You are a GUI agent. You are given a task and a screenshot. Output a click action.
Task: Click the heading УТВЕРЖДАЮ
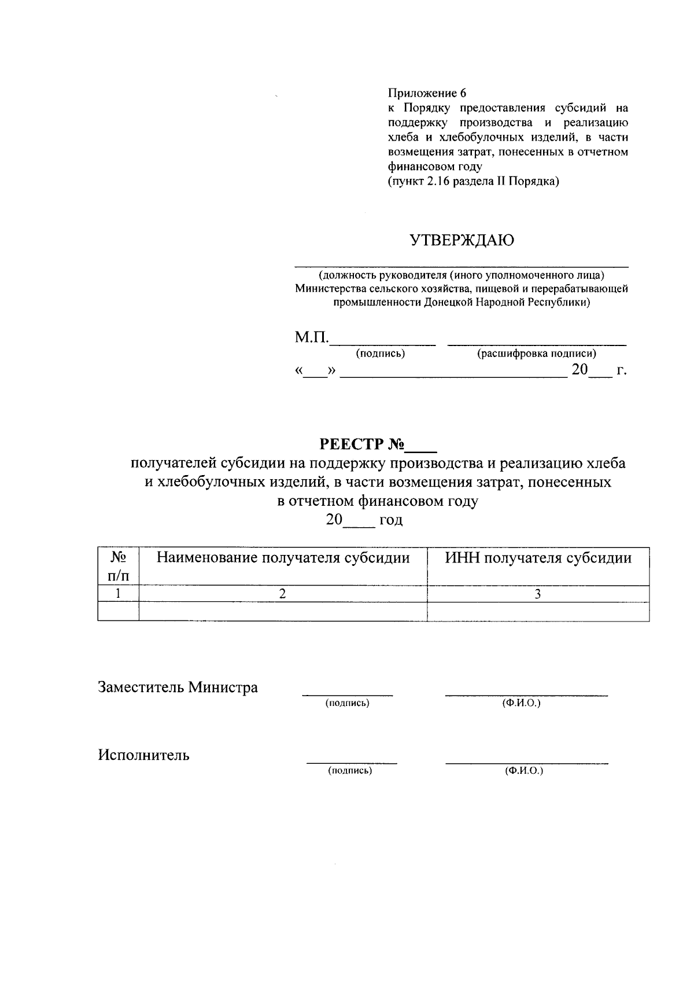462,241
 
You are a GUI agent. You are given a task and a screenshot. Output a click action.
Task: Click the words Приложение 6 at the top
427,93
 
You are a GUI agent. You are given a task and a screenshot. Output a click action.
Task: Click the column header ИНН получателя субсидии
538,558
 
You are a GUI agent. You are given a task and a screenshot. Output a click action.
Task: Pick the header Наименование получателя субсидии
283,558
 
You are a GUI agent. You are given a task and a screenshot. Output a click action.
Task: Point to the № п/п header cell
119,566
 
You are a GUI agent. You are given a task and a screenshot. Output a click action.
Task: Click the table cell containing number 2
283,594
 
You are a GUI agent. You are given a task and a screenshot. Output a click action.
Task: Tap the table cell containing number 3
538,594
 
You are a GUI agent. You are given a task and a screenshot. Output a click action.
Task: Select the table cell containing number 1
119,594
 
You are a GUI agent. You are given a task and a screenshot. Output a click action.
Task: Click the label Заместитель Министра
178,687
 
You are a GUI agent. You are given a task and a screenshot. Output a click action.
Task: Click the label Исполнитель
143,755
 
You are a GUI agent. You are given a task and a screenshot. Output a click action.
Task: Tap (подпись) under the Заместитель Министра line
347,703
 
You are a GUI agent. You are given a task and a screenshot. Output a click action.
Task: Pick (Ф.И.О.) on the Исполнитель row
524,771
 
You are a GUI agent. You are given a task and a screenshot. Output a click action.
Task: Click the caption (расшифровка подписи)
536,354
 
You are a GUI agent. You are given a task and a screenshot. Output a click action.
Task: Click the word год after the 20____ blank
391,520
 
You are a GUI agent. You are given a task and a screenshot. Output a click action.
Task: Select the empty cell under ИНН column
538,612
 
